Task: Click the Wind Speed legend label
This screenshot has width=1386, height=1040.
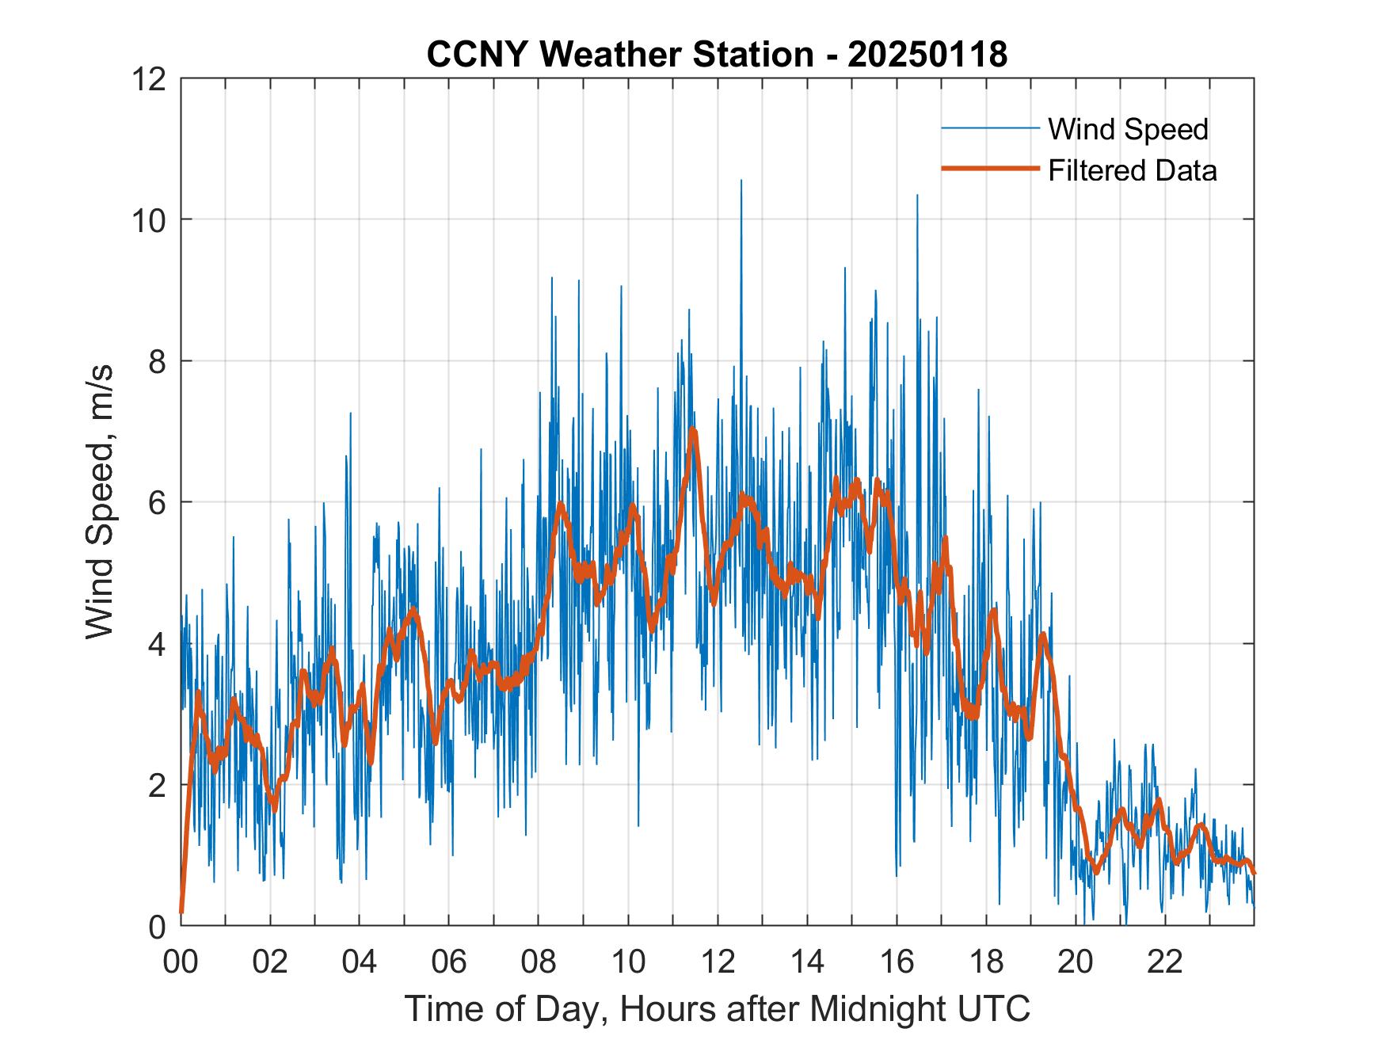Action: (1128, 129)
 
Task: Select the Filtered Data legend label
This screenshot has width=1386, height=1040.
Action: (1132, 170)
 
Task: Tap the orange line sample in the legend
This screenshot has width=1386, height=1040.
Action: (990, 169)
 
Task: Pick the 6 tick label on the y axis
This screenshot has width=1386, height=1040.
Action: (157, 502)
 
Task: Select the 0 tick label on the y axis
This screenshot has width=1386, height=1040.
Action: (157, 926)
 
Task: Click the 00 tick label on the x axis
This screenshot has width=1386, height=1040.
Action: (181, 962)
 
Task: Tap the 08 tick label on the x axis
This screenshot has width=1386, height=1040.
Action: (539, 962)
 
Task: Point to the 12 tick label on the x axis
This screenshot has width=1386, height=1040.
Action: (718, 962)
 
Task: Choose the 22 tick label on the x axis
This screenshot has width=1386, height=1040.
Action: (1165, 962)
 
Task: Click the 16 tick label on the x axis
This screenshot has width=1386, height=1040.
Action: (897, 962)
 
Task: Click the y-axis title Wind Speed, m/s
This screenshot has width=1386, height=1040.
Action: (100, 501)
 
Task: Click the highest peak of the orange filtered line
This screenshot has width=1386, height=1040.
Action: (693, 429)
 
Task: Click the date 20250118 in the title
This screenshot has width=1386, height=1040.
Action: (927, 55)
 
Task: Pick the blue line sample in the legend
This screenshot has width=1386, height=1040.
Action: (990, 128)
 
